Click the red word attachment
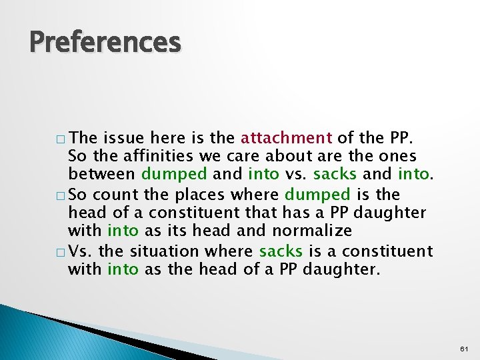click(x=286, y=139)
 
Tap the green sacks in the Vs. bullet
click(x=281, y=251)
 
